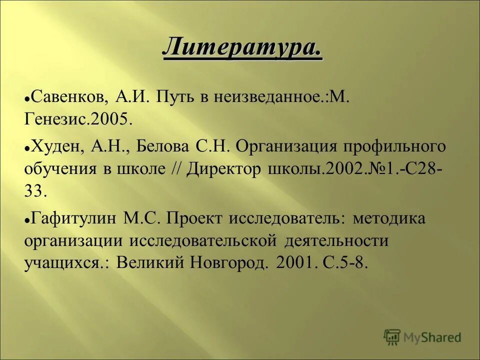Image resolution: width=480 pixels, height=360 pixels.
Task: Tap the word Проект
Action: (194, 218)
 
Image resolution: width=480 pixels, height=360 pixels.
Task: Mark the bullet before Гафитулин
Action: (27, 219)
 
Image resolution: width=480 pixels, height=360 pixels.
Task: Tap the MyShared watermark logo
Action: (422, 337)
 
